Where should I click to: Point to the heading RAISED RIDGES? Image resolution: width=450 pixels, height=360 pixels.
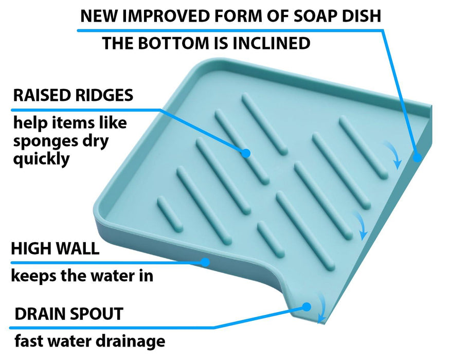[73, 95]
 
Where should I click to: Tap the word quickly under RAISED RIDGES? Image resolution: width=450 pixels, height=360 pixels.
[41, 159]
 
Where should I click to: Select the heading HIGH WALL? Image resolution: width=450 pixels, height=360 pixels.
[55, 249]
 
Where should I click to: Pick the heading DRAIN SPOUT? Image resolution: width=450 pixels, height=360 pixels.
[69, 314]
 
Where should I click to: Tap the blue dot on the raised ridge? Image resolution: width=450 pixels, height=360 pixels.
[246, 153]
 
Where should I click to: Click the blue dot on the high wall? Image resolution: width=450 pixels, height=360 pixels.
[205, 262]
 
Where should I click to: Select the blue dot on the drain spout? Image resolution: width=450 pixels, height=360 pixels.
[307, 307]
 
